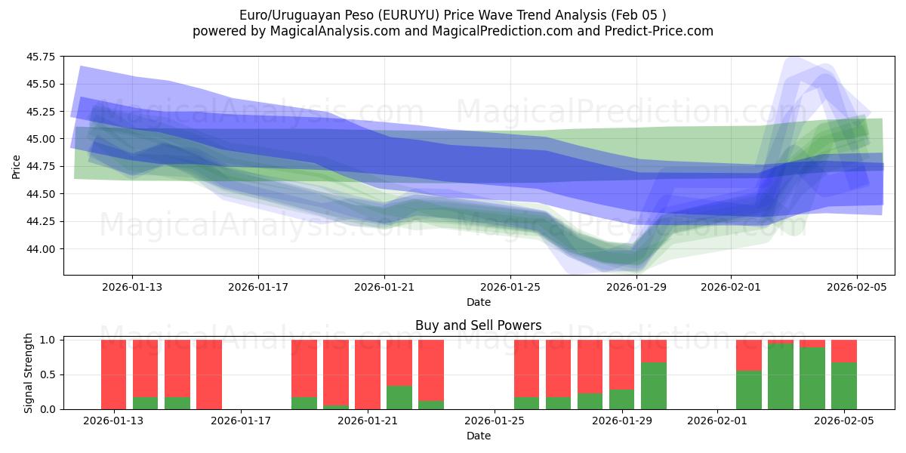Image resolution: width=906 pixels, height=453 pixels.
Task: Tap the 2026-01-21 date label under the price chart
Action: (x=384, y=287)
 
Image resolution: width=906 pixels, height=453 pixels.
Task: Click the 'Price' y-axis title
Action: (x=16, y=166)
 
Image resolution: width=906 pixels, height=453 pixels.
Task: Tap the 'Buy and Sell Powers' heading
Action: (x=478, y=326)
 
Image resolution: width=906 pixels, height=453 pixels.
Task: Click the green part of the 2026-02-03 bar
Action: (x=781, y=376)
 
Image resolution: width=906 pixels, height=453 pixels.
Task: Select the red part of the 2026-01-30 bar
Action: (x=654, y=351)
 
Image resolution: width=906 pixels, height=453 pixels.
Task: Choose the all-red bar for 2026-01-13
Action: (x=114, y=374)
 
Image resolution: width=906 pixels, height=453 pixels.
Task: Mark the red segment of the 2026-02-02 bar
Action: (x=749, y=355)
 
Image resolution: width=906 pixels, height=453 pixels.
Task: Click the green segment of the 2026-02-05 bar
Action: (x=844, y=386)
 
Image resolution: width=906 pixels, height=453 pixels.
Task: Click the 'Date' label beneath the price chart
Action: (x=478, y=302)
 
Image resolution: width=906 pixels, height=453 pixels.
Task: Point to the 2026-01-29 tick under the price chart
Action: (x=636, y=287)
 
